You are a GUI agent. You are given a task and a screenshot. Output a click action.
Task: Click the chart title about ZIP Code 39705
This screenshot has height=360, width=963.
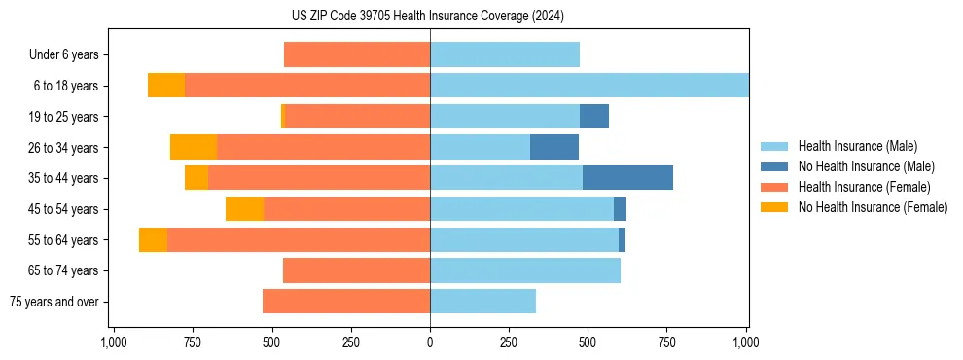(428, 16)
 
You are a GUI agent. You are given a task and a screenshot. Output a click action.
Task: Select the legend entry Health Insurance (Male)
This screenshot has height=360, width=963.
(856, 146)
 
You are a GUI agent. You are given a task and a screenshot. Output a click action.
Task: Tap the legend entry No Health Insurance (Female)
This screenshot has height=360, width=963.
(873, 207)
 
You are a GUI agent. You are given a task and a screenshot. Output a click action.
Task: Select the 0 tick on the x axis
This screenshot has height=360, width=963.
(430, 342)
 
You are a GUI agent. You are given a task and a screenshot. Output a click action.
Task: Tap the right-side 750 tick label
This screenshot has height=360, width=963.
(667, 342)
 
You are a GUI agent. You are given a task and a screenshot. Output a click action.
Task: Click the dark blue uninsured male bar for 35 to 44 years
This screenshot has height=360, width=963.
(627, 178)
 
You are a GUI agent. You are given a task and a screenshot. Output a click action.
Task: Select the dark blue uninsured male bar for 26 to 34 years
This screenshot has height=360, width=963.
(554, 147)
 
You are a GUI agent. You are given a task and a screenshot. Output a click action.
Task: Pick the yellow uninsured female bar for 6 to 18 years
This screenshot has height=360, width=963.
(166, 86)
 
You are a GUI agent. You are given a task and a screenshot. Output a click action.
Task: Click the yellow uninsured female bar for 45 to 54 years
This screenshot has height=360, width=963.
(244, 209)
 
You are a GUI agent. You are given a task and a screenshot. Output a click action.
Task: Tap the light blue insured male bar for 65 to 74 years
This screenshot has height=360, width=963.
(525, 270)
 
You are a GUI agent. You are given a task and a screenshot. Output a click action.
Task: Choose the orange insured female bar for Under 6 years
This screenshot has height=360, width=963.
(357, 54)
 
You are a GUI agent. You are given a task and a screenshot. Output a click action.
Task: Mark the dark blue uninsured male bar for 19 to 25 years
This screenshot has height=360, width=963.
(594, 117)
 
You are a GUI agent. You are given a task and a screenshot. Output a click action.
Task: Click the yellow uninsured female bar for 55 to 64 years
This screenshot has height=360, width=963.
(153, 240)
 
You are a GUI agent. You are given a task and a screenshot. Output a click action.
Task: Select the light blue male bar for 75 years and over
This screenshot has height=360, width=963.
(482, 302)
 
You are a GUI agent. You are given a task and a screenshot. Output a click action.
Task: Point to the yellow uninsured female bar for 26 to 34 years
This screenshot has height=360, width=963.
(194, 147)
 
